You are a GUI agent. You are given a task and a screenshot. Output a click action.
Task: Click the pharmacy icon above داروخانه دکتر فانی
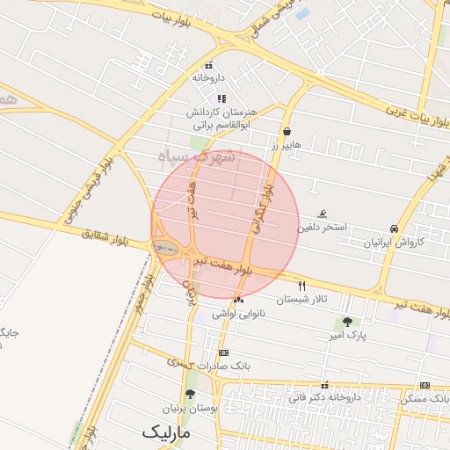pos(325,385)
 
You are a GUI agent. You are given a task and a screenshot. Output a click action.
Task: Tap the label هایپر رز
pos(287,143)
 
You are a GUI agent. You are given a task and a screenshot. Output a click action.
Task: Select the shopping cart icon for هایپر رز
pos(287,131)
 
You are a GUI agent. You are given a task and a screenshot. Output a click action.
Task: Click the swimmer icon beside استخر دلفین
pos(323,214)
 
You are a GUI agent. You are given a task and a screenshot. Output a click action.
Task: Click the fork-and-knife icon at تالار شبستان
pos(302,286)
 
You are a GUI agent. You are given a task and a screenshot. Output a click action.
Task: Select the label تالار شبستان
pos(301,299)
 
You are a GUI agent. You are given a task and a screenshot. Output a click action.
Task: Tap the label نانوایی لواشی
pos(238,314)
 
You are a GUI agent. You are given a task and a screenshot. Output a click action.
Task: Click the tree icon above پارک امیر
pos(347,323)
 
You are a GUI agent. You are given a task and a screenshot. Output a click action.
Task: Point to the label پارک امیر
pos(349,335)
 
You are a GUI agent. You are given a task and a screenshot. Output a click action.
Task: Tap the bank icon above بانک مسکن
pos(425,385)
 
